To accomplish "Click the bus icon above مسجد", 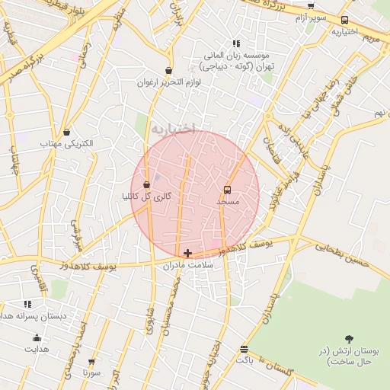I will pos(227,190).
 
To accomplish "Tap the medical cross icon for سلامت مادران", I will pos(188,253).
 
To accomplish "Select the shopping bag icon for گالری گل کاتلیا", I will pos(146,184).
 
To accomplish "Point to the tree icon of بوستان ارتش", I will pos(349,337).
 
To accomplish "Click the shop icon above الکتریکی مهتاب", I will pos(67,132).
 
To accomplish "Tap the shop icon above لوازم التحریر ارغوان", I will pos(168,71).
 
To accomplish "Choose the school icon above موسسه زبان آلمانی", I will pos(236,44).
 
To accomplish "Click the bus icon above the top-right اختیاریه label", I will pos(344,21).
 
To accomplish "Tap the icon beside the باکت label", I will pos(244,349).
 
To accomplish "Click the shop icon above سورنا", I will pos(92,362).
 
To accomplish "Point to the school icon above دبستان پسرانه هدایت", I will pos(28,304).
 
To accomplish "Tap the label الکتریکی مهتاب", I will pos(67,143).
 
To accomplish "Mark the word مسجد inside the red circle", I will pos(228,202).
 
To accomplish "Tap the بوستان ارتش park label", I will pos(348,355).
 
